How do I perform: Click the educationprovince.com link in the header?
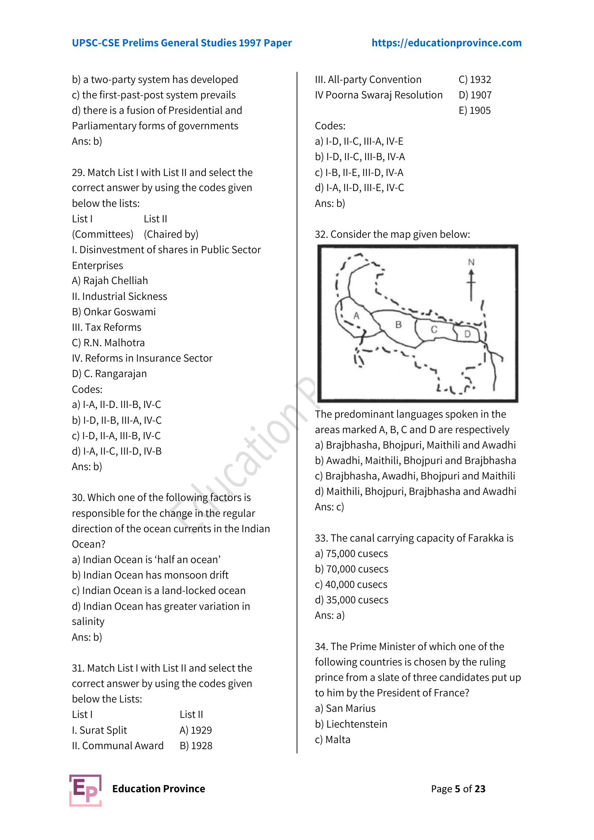point(446,43)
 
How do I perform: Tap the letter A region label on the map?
point(356,315)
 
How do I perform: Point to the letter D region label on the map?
point(467,334)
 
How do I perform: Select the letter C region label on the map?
point(434,329)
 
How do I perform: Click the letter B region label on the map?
point(398,324)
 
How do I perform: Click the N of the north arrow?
point(471,262)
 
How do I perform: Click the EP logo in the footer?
point(85,790)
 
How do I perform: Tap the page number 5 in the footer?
point(457,789)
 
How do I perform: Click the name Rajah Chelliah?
point(115,280)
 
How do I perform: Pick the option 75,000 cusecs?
point(356,553)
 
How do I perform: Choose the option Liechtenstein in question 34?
point(356,724)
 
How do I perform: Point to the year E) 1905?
point(474,111)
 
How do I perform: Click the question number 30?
point(78,497)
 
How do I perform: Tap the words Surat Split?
point(103,730)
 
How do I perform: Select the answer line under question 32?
point(329,507)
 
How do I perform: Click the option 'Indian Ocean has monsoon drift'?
point(156,575)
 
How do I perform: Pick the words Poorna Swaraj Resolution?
point(384,95)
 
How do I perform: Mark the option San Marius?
point(350,708)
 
